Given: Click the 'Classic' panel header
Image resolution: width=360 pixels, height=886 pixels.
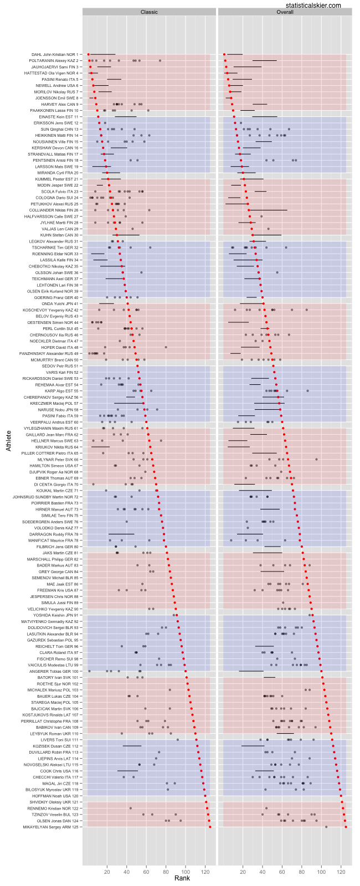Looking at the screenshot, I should click(x=148, y=12).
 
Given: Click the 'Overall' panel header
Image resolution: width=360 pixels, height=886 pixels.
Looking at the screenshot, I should click(x=285, y=12).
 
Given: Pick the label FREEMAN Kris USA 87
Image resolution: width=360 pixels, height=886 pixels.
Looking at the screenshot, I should click(x=57, y=590).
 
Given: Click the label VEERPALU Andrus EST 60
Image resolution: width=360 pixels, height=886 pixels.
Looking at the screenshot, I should click(x=55, y=422).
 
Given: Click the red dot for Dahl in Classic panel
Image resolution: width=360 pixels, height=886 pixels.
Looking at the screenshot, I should click(x=88, y=54).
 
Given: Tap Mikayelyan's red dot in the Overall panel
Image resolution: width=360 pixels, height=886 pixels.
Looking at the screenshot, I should click(x=346, y=827).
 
